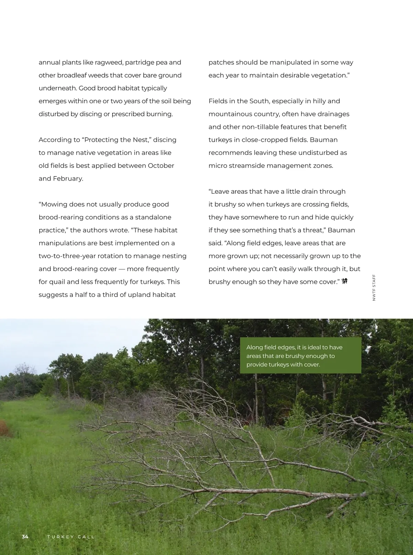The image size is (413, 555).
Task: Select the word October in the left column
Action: click(x=161, y=166)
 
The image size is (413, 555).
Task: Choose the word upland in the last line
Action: click(x=139, y=295)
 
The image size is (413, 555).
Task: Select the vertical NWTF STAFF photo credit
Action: click(x=374, y=288)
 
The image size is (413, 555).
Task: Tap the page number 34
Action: click(x=25, y=537)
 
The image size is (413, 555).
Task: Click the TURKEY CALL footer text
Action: click(x=71, y=537)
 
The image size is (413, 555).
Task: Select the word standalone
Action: click(x=153, y=217)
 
